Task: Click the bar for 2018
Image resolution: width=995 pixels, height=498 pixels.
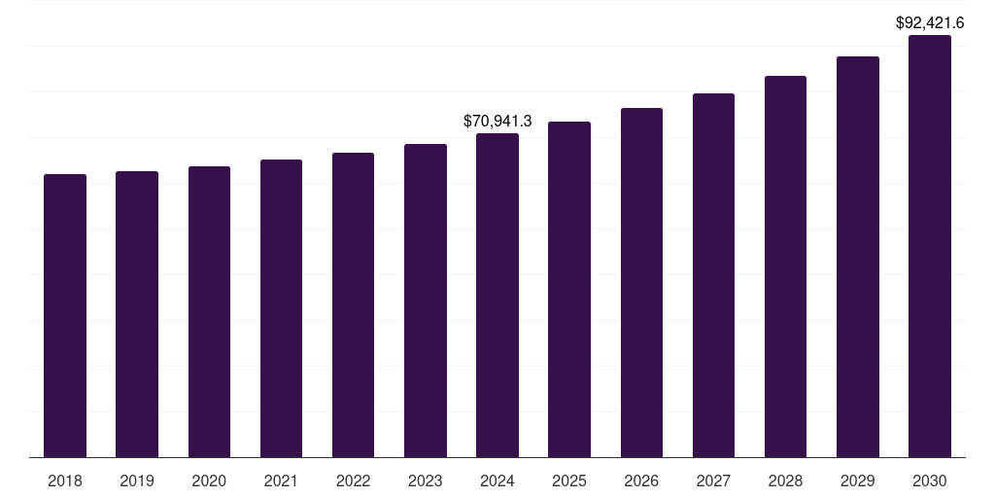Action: (65, 316)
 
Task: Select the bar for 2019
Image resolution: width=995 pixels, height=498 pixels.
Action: (137, 314)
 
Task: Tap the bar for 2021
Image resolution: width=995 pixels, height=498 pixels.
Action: (281, 308)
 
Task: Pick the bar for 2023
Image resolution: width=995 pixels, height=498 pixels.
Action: (426, 301)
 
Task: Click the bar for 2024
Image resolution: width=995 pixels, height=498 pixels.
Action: (497, 296)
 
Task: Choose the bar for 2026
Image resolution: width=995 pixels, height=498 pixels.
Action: (641, 283)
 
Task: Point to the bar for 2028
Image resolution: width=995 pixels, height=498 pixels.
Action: (785, 267)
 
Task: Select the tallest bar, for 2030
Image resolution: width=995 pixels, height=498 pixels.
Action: (929, 246)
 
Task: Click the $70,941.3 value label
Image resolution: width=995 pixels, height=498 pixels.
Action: (497, 122)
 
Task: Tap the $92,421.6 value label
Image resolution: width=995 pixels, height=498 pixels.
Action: (929, 22)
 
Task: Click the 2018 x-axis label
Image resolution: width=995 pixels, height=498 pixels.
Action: (65, 481)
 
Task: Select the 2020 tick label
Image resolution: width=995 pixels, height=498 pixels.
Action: (209, 481)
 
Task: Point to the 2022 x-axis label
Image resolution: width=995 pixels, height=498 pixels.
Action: (353, 481)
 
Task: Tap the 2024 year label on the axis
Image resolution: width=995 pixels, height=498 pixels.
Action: (497, 481)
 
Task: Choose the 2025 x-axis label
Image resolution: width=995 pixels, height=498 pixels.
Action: (569, 481)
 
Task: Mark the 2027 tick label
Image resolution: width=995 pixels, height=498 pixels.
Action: (713, 481)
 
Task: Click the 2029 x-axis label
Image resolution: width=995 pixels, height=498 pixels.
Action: (857, 481)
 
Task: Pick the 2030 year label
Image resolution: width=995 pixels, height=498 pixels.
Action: (929, 481)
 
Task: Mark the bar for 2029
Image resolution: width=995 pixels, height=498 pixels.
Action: (857, 257)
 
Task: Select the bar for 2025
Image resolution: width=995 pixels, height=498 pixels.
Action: (569, 290)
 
